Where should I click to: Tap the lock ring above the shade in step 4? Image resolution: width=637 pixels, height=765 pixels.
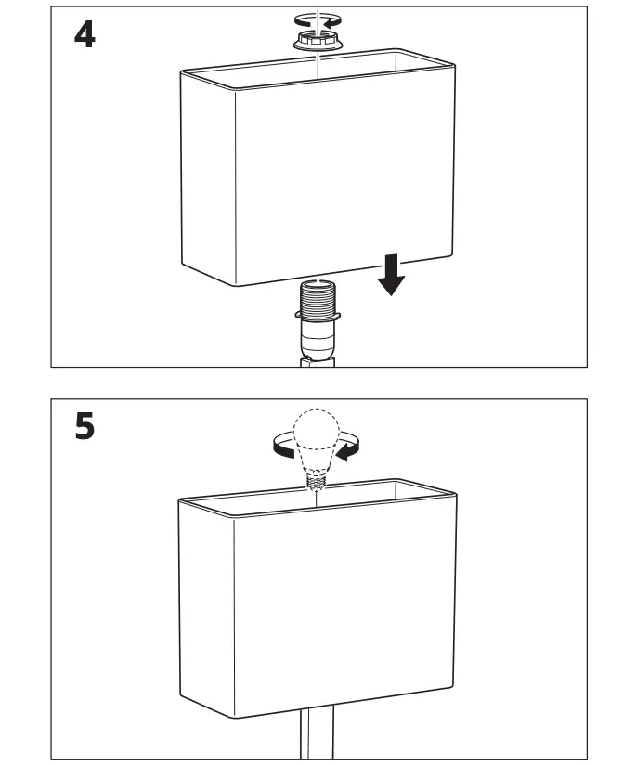[x=318, y=40]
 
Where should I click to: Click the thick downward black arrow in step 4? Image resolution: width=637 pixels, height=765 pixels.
[x=392, y=276]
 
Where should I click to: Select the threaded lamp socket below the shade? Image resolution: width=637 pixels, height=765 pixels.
[x=318, y=304]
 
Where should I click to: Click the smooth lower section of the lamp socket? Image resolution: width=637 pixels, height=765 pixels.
[x=318, y=344]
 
